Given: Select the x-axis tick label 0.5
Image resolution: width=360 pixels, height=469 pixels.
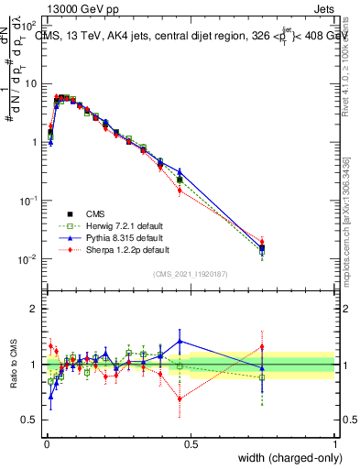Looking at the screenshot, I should (x=191, y=443).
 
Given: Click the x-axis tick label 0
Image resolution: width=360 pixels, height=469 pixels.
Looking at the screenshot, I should (x=46, y=443).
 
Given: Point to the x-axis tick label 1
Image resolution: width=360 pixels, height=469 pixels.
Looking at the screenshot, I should (x=335, y=443).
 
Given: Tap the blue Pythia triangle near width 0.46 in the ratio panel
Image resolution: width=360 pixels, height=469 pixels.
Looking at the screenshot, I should (x=180, y=341).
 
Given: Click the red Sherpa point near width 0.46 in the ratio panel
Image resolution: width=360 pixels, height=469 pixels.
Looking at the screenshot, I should (x=180, y=398).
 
